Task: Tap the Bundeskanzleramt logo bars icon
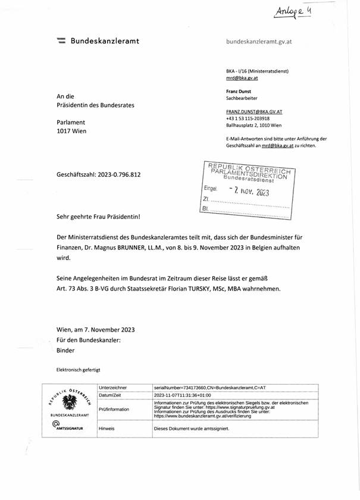(61, 41)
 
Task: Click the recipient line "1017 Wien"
(71, 131)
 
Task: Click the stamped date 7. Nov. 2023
(250, 192)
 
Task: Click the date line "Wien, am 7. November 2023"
(95, 329)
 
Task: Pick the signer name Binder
(65, 351)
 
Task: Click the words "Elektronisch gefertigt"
(79, 369)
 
